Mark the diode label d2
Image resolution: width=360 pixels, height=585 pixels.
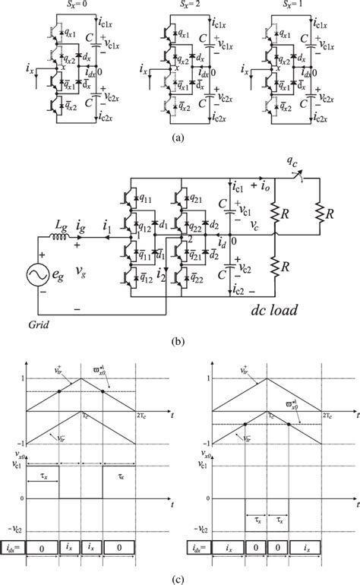coord(215,226)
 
